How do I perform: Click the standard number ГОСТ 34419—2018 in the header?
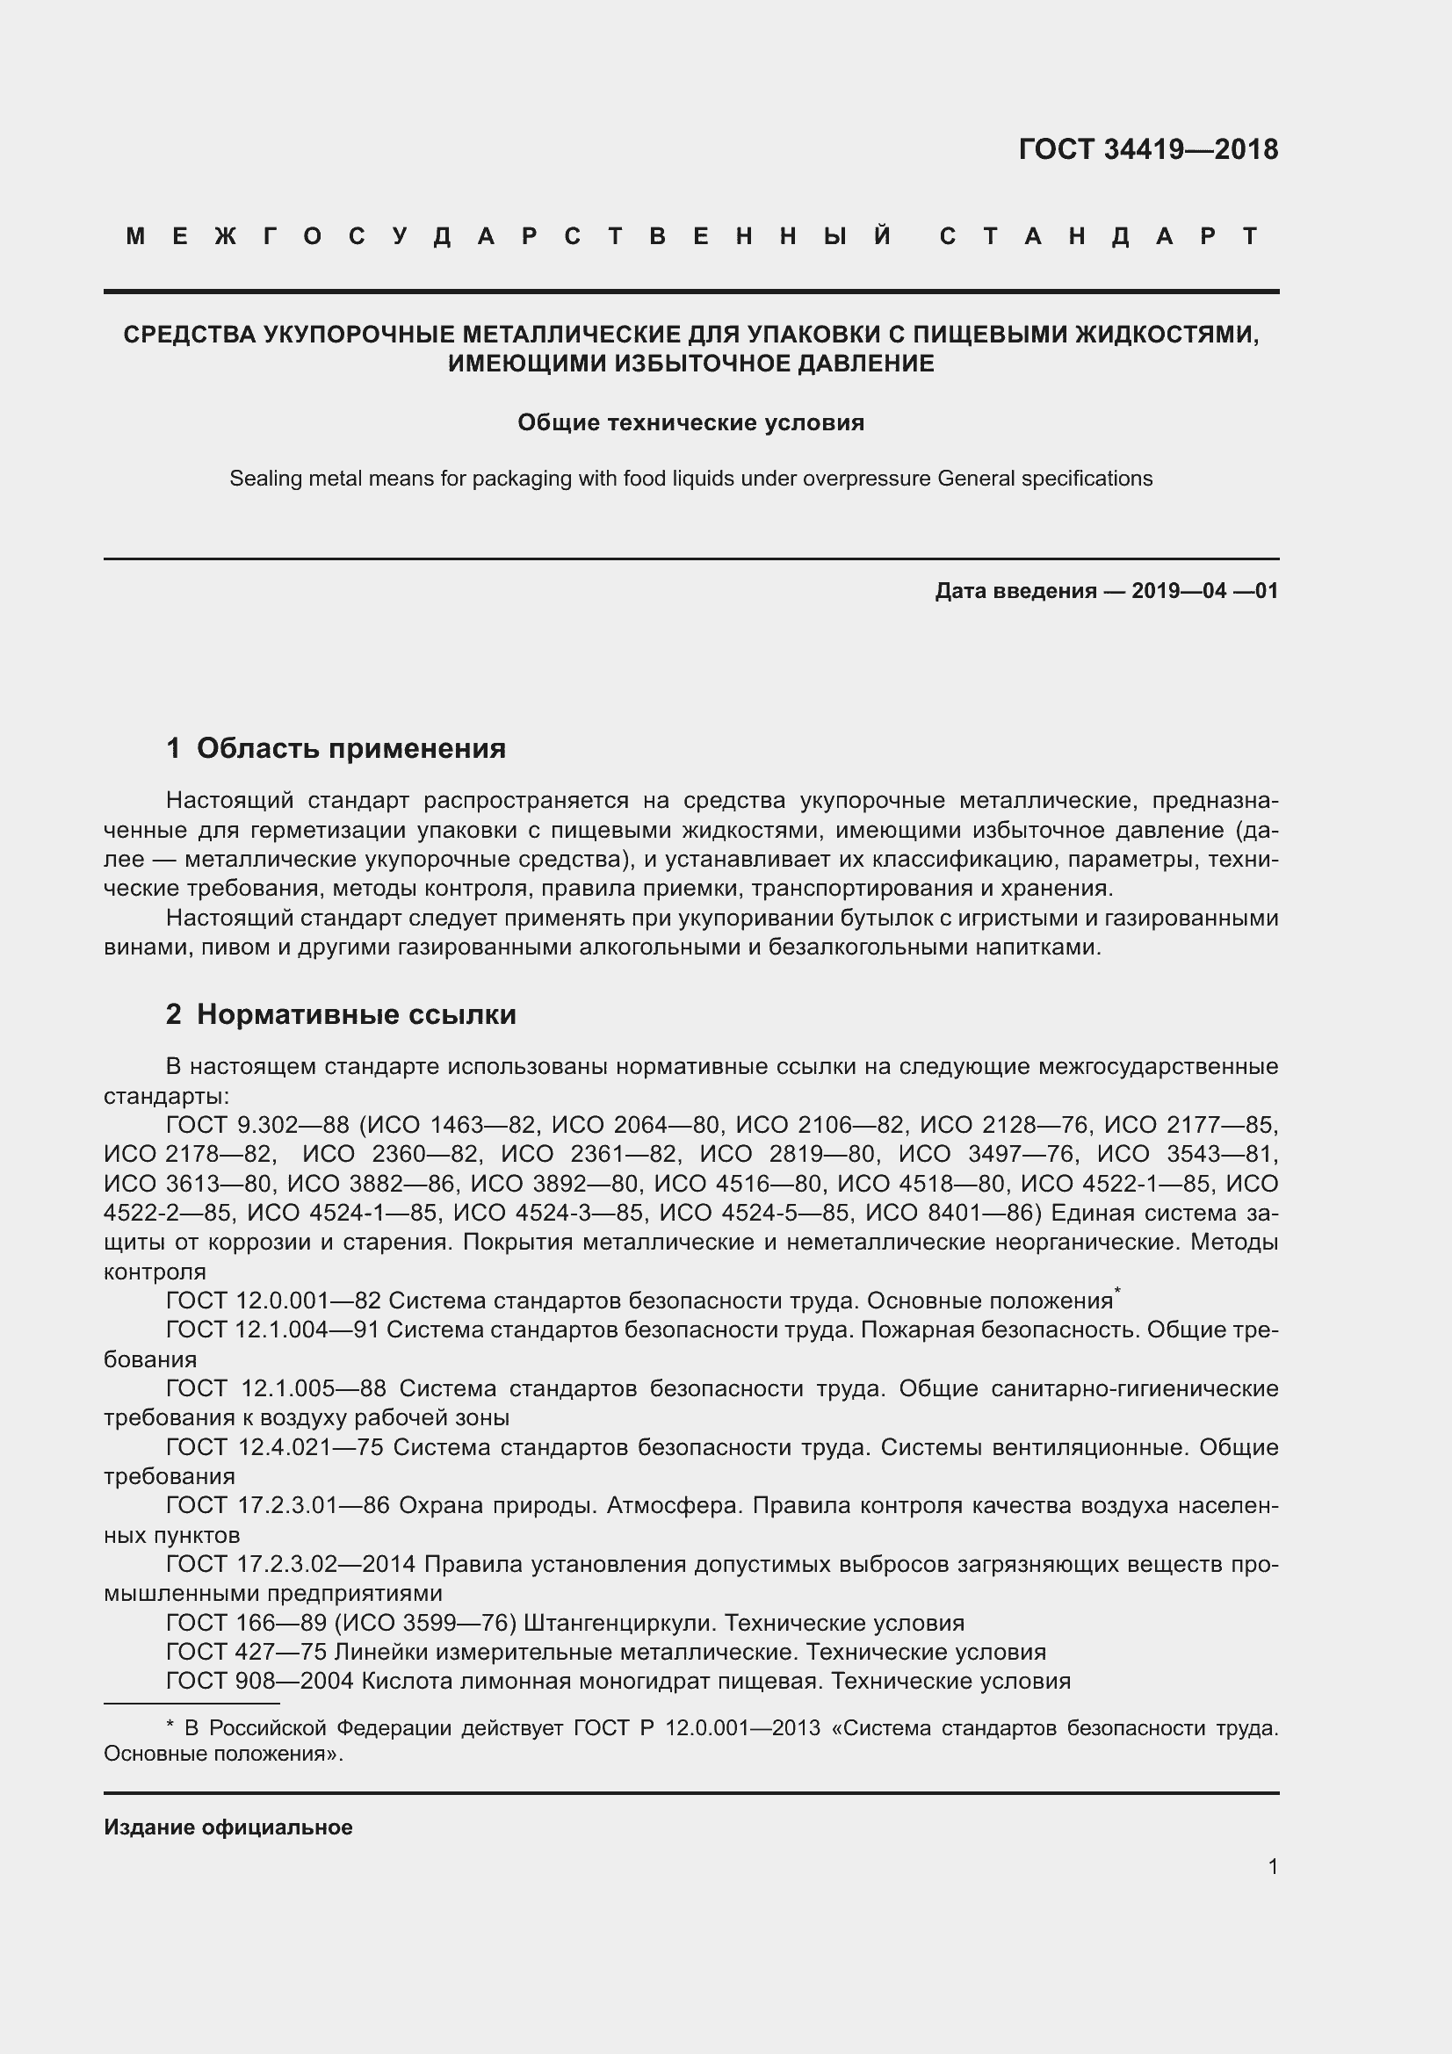coord(1148,149)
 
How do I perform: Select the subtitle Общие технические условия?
coord(690,422)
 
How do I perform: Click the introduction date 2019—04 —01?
coord(1204,590)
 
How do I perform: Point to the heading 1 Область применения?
coord(336,748)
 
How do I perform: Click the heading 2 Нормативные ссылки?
coord(341,1014)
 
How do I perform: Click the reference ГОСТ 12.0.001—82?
coord(273,1301)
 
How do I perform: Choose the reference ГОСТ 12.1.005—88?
coord(276,1389)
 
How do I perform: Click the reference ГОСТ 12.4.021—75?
coord(274,1447)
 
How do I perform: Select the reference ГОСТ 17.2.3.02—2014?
coord(291,1565)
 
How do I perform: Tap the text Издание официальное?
coord(228,1827)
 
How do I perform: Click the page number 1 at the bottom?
coord(1272,1866)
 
